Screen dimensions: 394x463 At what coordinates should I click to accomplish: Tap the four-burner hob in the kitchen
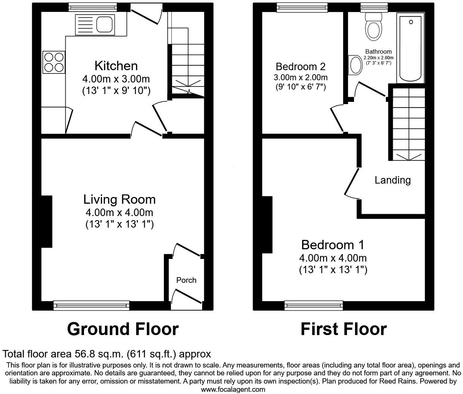point(54,62)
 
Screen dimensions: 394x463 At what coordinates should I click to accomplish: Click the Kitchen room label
point(116,66)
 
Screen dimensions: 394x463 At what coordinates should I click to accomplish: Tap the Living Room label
point(119,199)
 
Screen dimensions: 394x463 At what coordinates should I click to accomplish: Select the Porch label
point(186,280)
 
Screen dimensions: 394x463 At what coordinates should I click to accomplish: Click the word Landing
point(392,180)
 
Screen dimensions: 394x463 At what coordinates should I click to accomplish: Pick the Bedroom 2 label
point(301,67)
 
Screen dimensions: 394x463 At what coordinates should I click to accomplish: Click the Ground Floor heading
point(123,329)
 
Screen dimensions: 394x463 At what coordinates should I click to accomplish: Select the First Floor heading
point(344,329)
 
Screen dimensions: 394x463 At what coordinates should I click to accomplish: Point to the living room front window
point(91,306)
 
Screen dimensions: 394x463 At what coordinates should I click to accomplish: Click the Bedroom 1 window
point(314,306)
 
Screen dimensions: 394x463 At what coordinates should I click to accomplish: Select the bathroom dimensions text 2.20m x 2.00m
point(378,58)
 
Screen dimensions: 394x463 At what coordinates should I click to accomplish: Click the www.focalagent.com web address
point(233,390)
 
